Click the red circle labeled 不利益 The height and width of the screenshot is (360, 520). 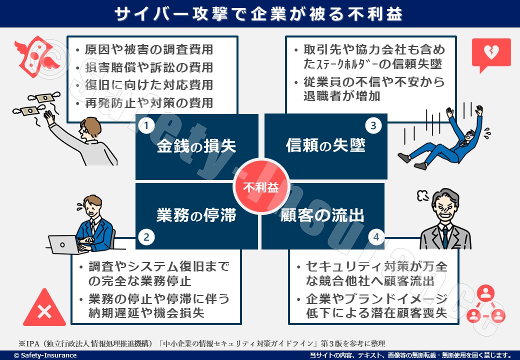(x=261, y=187)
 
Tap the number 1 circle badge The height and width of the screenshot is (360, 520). (x=146, y=125)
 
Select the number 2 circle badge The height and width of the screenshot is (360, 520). (x=146, y=237)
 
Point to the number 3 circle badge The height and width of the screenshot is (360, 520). (x=373, y=125)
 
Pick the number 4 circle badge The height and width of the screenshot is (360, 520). (x=376, y=237)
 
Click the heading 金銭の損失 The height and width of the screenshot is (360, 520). (x=196, y=146)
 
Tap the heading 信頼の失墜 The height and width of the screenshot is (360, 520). (x=325, y=145)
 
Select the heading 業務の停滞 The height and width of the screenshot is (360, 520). (x=196, y=215)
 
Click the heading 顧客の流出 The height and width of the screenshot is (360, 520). (x=322, y=215)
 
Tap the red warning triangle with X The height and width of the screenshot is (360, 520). (x=44, y=308)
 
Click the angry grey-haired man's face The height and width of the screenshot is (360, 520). (x=445, y=207)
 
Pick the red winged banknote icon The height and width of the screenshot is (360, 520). (x=36, y=56)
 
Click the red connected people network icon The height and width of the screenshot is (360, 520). (x=485, y=304)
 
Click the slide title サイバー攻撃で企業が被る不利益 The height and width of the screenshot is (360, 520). (x=258, y=14)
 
